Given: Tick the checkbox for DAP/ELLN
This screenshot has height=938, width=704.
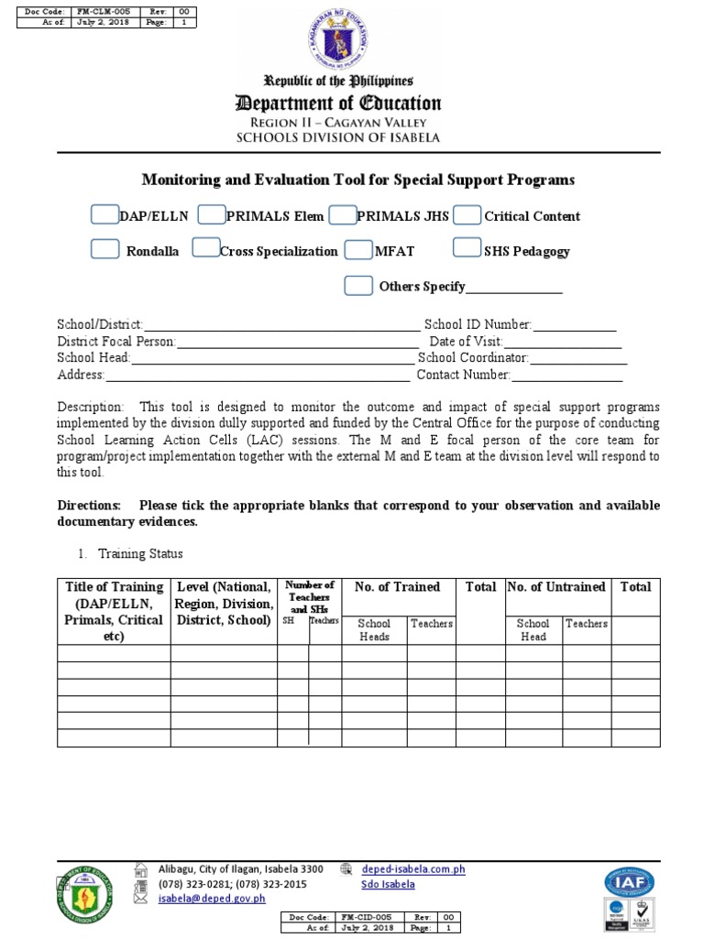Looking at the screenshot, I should (104, 215).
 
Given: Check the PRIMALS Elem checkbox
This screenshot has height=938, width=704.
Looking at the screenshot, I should (212, 215).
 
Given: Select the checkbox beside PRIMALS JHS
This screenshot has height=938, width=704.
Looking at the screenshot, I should (342, 215).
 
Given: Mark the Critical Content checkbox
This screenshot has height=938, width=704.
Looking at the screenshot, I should (467, 215).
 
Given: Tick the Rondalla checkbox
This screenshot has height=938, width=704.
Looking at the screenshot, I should (104, 249).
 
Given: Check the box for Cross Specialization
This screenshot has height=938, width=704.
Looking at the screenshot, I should (205, 249).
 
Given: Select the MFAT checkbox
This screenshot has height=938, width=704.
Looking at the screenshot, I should (357, 249).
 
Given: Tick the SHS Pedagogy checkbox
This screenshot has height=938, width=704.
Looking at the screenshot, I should (467, 249).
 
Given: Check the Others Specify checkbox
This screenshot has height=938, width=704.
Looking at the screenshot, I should (357, 285).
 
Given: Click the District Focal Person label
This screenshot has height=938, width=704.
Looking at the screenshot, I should (115, 342).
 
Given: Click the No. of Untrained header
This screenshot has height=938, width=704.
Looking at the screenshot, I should (556, 587).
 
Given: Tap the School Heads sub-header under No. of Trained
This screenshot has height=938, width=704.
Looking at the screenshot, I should (374, 629).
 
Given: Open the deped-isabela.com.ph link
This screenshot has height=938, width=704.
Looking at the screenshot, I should (413, 869).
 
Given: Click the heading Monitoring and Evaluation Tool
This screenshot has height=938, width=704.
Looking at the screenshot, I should (357, 180).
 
